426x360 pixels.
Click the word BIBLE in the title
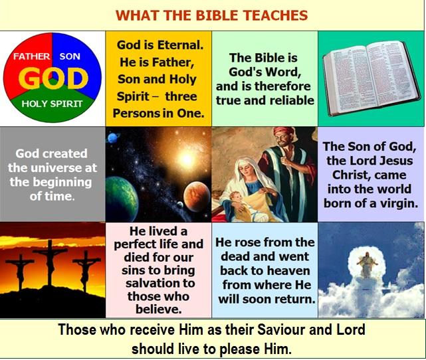pos(217,15)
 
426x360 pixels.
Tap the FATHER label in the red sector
pos(32,56)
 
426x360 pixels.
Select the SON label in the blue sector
pos(70,56)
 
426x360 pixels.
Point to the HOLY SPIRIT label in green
pos(52,104)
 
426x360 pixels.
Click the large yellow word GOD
pos(53,78)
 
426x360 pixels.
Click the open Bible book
pos(372,77)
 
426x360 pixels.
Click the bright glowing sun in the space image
pos(187,158)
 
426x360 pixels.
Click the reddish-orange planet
pos(197,197)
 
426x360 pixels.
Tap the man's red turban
pos(284,132)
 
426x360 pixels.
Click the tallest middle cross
pos(50,262)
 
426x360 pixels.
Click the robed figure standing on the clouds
pos(367,264)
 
